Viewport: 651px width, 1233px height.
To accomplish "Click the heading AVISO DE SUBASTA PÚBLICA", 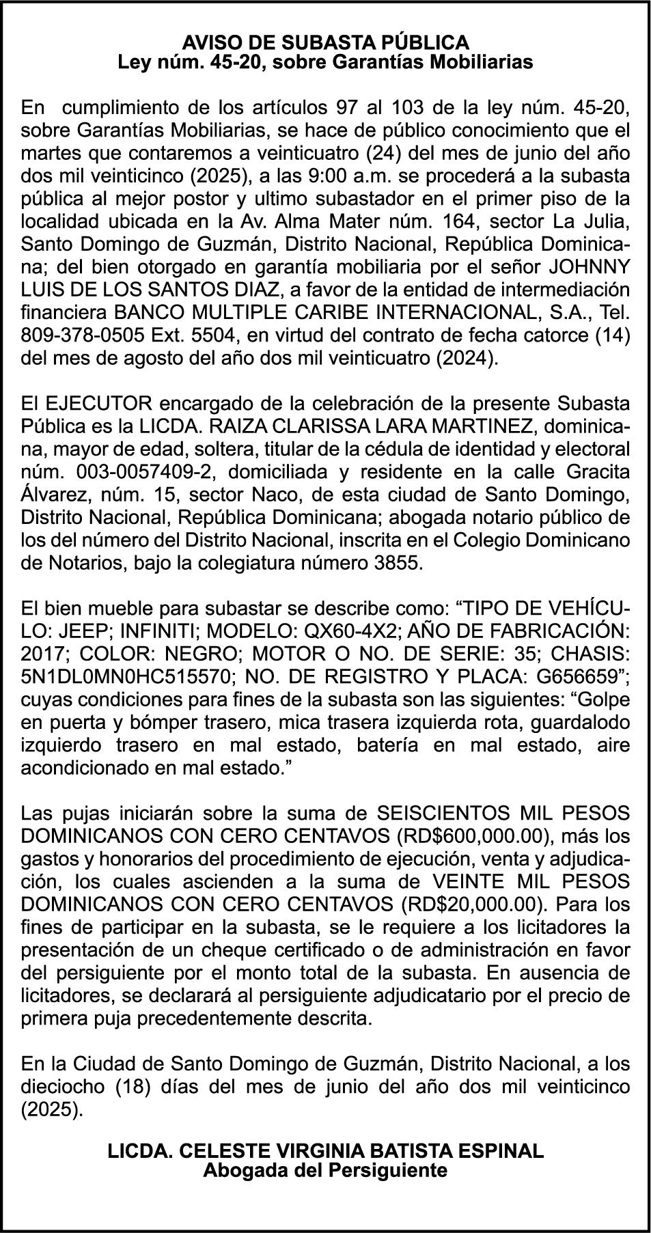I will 325,43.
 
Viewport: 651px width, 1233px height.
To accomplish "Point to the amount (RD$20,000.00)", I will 473,905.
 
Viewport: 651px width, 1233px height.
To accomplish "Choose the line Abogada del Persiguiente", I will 325,1170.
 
